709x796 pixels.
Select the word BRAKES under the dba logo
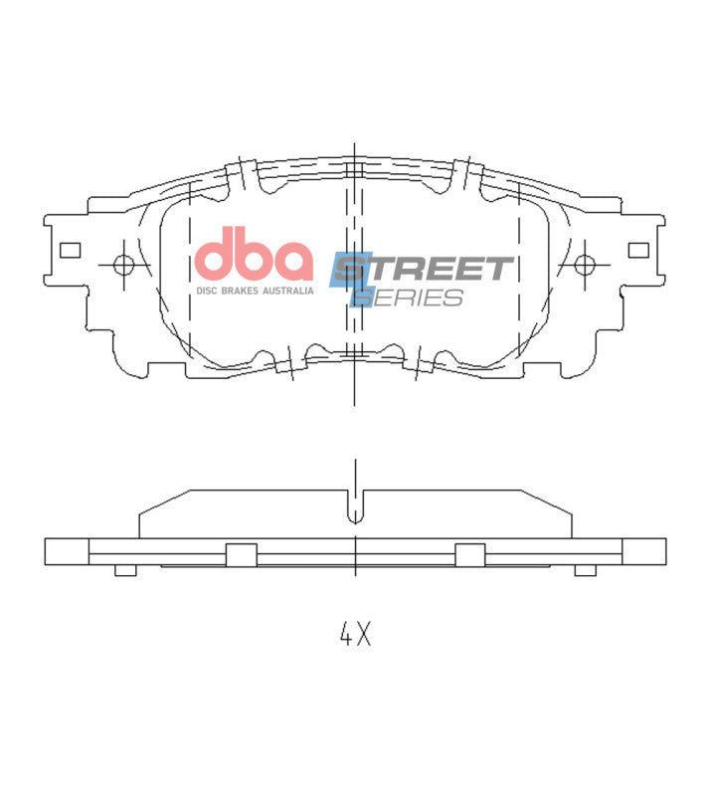[x=241, y=291]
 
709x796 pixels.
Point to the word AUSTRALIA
[x=288, y=291]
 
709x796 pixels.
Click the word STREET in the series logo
[x=425, y=269]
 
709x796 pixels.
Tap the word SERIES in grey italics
[x=410, y=298]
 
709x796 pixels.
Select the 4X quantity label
[x=354, y=634]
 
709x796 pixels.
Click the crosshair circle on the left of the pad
[x=124, y=265]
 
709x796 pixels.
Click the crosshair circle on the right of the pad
[x=585, y=265]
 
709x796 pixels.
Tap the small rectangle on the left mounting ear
[x=70, y=250]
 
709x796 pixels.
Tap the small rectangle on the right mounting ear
[x=638, y=250]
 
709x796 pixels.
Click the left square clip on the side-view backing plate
[x=241, y=555]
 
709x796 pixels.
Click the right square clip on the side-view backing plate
[x=469, y=555]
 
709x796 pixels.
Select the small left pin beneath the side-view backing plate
[x=125, y=570]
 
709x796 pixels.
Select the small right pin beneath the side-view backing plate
[x=586, y=570]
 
